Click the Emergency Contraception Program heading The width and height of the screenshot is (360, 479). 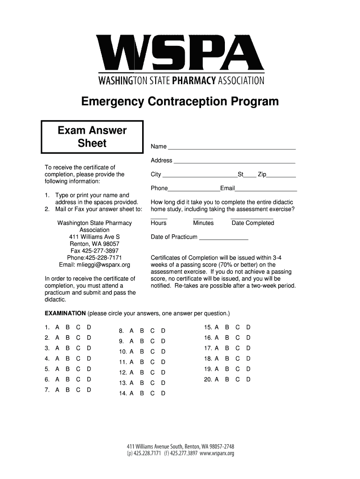point(180,102)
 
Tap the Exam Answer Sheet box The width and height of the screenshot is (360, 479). point(92,137)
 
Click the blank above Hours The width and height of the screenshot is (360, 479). point(159,217)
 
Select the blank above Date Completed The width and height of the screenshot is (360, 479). point(252,217)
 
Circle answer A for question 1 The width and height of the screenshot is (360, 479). point(57,327)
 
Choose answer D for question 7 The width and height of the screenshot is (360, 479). point(89,390)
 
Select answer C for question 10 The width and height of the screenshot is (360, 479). point(152,351)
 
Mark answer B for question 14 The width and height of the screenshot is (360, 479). point(142,393)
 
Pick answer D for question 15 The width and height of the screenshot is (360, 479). point(248,327)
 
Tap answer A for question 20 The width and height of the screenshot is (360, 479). point(216,379)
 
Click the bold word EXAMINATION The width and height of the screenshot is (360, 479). point(65,313)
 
